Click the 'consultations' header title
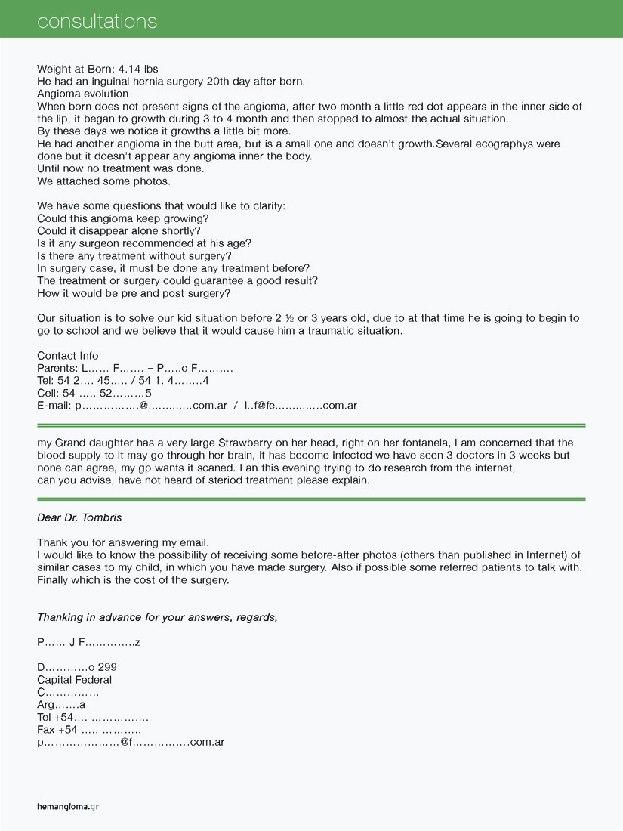pos(97,20)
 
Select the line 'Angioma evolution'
pos(82,94)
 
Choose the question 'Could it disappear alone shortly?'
pos(119,230)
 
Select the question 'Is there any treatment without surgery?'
pos(134,255)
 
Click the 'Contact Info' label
pos(68,356)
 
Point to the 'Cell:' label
pos(49,393)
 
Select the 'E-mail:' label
pos(54,406)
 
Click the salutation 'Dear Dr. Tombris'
pos(79,517)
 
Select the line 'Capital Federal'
pos(74,680)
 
